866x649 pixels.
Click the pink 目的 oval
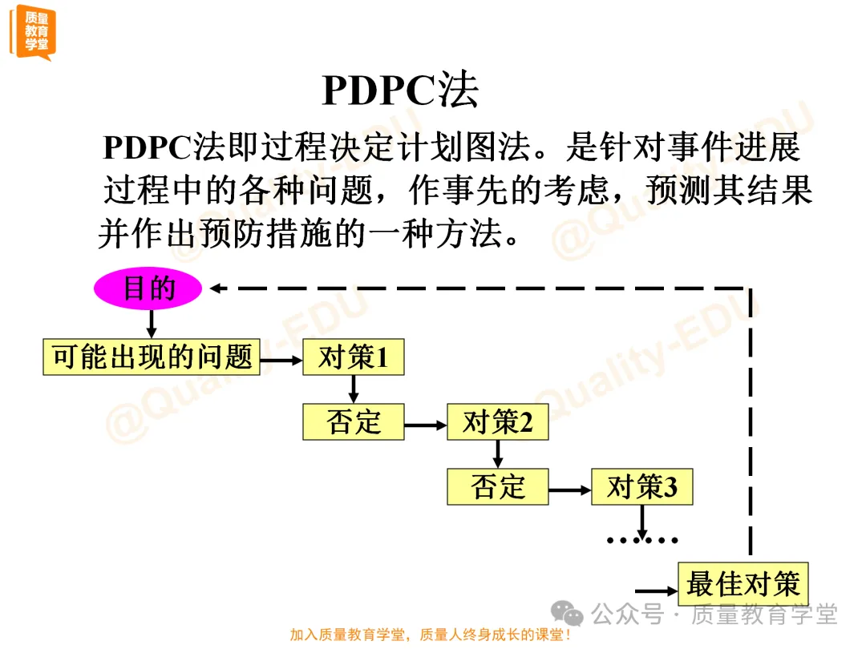click(148, 289)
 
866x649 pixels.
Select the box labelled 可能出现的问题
click(152, 357)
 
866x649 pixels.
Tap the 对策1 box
click(353, 357)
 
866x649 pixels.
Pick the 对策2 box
click(497, 422)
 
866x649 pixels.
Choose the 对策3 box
click(641, 487)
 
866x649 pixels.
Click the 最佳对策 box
click(743, 584)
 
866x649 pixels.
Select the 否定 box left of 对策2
click(353, 422)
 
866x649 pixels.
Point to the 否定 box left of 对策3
click(497, 487)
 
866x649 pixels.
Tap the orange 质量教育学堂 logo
click(33, 32)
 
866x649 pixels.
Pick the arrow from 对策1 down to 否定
click(353, 389)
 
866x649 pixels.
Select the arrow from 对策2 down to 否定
click(497, 454)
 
